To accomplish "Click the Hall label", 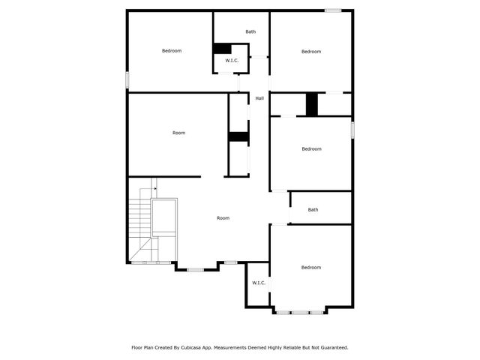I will click(x=259, y=98).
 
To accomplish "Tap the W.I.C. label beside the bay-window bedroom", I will click(x=258, y=283).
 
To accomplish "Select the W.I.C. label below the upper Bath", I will click(x=232, y=61).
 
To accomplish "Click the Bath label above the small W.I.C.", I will click(x=250, y=31).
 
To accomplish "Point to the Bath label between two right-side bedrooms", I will click(x=313, y=210).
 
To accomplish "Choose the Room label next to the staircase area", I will click(x=223, y=218).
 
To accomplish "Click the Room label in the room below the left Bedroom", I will click(x=178, y=133).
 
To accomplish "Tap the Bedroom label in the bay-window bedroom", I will click(x=311, y=268).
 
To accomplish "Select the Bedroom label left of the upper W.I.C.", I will click(x=172, y=51).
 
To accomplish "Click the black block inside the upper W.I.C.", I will click(x=222, y=49).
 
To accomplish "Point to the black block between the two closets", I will click(x=312, y=103).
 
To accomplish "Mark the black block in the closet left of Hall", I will click(x=238, y=136).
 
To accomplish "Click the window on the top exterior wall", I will click(x=332, y=10).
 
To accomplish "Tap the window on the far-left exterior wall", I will click(x=127, y=79).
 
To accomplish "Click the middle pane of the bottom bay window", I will click(x=299, y=312).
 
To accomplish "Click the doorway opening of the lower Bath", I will click(x=279, y=223).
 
